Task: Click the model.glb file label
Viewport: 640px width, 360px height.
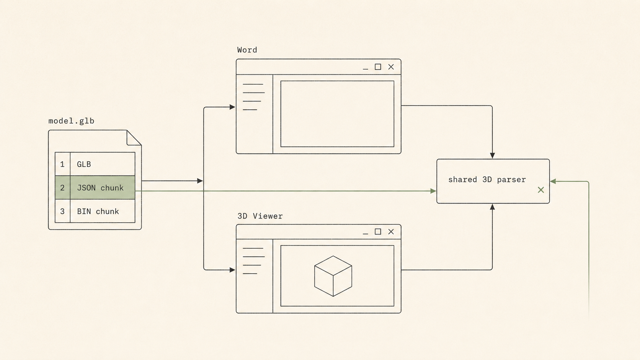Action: [x=72, y=121]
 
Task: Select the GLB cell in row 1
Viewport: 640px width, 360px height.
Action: [x=103, y=164]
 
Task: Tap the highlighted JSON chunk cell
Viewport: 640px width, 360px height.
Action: [x=103, y=187]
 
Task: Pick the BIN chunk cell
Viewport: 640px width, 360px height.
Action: [x=103, y=211]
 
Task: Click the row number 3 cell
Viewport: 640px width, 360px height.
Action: [x=62, y=211]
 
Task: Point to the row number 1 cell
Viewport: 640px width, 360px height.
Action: [x=62, y=164]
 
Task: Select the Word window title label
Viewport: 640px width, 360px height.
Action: [x=247, y=50]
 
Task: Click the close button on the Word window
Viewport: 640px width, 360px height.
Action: [x=391, y=67]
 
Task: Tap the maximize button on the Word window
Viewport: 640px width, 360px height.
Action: [x=378, y=67]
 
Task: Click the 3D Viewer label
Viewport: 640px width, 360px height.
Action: [x=260, y=216]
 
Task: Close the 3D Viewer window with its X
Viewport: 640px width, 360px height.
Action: [x=391, y=231]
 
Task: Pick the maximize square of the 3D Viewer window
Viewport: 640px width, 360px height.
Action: [x=378, y=231]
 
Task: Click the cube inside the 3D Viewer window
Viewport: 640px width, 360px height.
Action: [x=333, y=276]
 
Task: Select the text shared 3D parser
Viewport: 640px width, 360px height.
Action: [x=487, y=179]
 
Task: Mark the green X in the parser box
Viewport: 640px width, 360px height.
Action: [x=541, y=190]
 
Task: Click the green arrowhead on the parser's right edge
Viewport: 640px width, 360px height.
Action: [x=553, y=181]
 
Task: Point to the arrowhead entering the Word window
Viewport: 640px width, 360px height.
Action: [x=232, y=107]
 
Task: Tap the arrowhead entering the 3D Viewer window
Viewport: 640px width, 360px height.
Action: [x=232, y=270]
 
